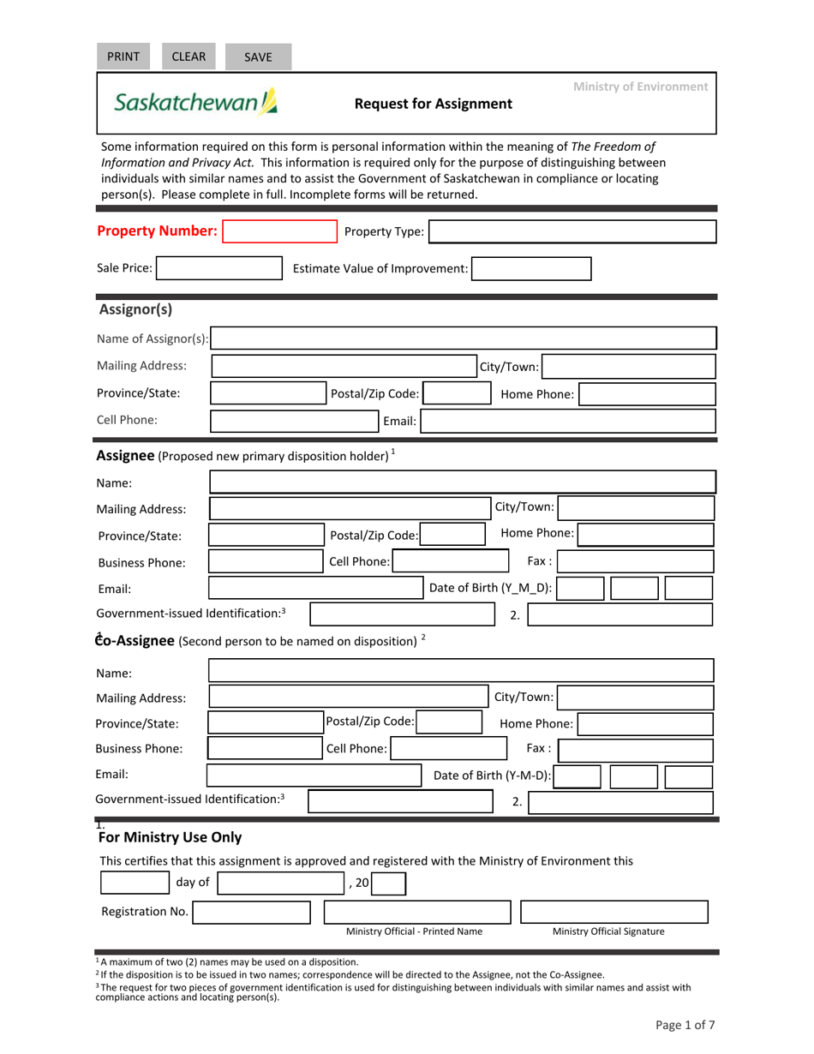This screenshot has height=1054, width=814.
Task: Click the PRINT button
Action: coord(123,57)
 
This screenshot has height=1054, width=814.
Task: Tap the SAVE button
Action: coord(258,57)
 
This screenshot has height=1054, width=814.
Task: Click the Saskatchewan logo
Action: coord(196,103)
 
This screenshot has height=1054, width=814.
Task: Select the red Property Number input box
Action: coord(279,232)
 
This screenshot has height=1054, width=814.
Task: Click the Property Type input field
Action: coord(572,232)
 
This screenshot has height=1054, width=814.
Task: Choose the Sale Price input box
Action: coord(218,269)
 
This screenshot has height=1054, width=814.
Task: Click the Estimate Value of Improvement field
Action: coord(531,269)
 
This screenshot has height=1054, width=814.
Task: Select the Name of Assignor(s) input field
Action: coord(464,338)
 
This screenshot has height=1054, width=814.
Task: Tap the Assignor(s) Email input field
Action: coord(569,421)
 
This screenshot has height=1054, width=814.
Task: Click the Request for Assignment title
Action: coord(434,105)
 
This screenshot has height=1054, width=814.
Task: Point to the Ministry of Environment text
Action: coord(640,87)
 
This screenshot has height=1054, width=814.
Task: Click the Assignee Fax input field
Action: coord(635,562)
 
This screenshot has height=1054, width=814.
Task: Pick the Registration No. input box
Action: coord(252,912)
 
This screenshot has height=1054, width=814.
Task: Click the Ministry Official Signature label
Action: coord(608,931)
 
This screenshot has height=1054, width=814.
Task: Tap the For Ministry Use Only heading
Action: coord(171,837)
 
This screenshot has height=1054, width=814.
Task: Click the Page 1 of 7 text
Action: coord(685,1025)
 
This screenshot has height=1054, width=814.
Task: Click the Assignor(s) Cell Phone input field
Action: coord(296,421)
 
